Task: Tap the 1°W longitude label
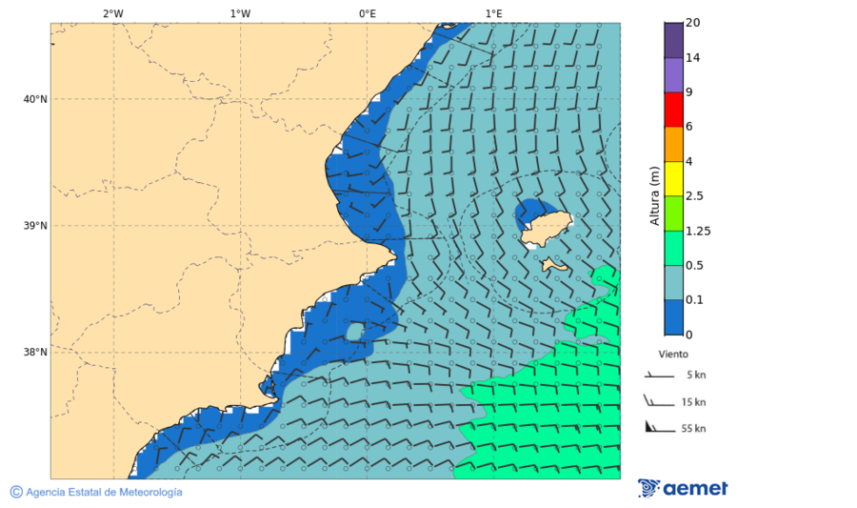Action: pyautogui.click(x=240, y=13)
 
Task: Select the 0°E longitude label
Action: pyautogui.click(x=367, y=13)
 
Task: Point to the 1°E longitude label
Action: pyautogui.click(x=494, y=13)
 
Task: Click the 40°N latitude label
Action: pyautogui.click(x=34, y=99)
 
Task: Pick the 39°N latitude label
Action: pyautogui.click(x=34, y=226)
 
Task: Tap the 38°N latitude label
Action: pyautogui.click(x=34, y=353)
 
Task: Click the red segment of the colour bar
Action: pyautogui.click(x=673, y=109)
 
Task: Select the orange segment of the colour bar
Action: pyautogui.click(x=673, y=144)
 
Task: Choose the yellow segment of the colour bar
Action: pyautogui.click(x=673, y=178)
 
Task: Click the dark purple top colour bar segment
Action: pyautogui.click(x=673, y=40)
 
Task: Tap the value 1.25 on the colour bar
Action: pyautogui.click(x=698, y=231)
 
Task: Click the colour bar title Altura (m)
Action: pyautogui.click(x=654, y=195)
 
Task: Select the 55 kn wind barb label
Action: pyautogui.click(x=693, y=429)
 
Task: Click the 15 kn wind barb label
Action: pyautogui.click(x=693, y=402)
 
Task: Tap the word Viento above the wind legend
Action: pyautogui.click(x=673, y=354)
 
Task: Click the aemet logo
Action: pyautogui.click(x=683, y=488)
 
